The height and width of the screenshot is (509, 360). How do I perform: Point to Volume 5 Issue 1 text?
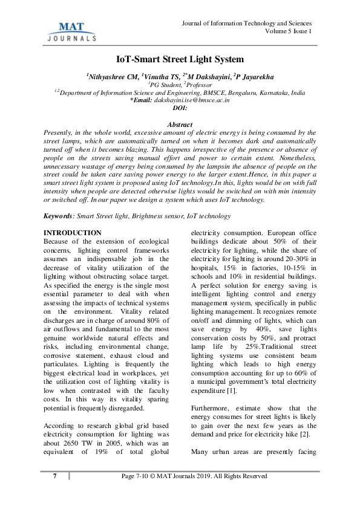289,31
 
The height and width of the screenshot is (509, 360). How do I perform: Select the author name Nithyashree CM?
111,76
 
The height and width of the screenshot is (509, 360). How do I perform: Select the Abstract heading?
180,125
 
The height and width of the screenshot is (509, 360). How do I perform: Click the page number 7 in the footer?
54,476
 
